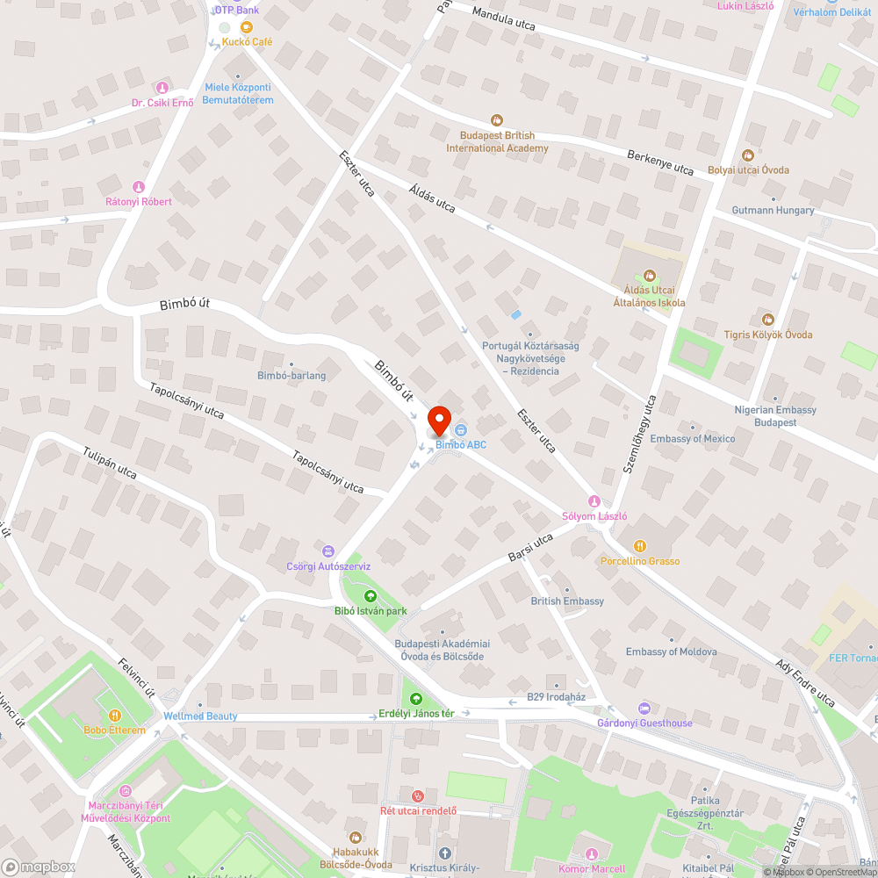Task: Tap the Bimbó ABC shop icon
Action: [x=461, y=429]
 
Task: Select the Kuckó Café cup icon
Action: [x=247, y=27]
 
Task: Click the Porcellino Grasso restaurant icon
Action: [x=639, y=545]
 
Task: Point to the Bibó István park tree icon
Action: [x=370, y=596]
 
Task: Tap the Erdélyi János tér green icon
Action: [x=415, y=699]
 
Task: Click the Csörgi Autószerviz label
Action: [x=328, y=566]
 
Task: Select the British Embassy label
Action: [x=567, y=601]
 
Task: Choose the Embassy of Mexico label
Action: [x=693, y=438]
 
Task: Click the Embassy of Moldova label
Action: [x=671, y=651]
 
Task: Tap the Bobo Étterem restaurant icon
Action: [x=114, y=715]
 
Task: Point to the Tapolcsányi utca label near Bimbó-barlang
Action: [x=186, y=400]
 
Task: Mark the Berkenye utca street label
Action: [x=660, y=162]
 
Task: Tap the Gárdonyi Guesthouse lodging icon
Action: [x=644, y=708]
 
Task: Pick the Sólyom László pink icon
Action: [x=594, y=500]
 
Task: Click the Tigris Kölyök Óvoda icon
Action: [x=768, y=319]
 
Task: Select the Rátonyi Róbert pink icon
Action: [x=138, y=186]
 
